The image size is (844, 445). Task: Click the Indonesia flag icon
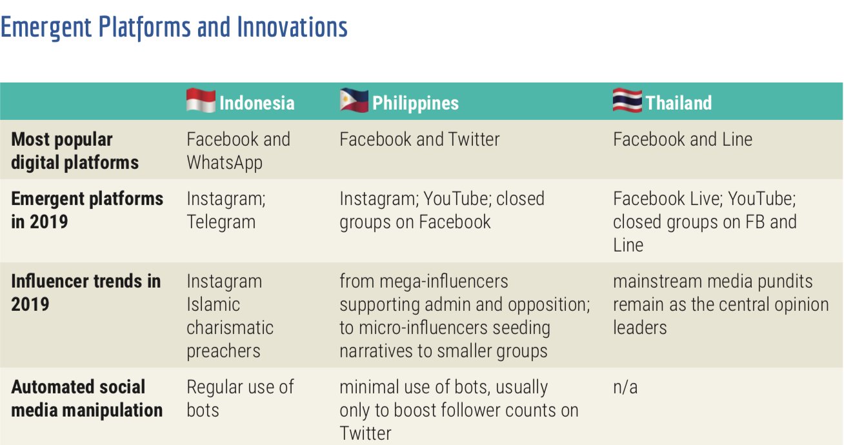(x=201, y=101)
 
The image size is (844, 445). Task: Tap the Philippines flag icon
(x=354, y=101)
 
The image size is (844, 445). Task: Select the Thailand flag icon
(x=627, y=101)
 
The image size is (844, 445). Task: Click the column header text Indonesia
(x=257, y=103)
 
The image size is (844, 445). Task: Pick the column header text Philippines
(x=416, y=103)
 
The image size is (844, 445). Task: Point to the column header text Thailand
(x=679, y=103)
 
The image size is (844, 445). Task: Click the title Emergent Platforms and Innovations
(x=174, y=27)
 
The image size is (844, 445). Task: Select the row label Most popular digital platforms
(x=75, y=150)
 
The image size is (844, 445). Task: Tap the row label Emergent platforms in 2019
(x=87, y=210)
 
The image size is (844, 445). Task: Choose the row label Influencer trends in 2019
(x=86, y=292)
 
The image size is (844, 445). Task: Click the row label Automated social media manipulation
(x=86, y=398)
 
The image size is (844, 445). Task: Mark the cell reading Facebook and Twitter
(x=419, y=139)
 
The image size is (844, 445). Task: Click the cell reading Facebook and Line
(x=683, y=139)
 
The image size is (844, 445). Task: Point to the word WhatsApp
(x=225, y=163)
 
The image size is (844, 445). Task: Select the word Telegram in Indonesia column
(x=221, y=222)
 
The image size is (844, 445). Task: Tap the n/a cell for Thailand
(x=626, y=387)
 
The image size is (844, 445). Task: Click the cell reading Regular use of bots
(x=240, y=398)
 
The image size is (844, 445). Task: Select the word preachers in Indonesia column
(x=224, y=351)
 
